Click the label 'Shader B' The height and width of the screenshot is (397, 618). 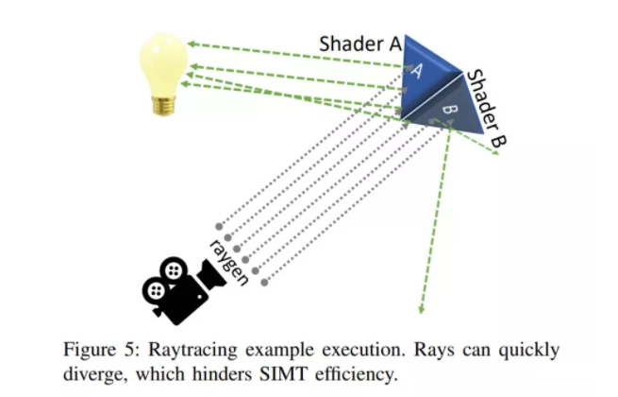click(486, 109)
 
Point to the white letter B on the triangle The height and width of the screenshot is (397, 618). click(449, 112)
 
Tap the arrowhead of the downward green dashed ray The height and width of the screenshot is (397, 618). click(422, 308)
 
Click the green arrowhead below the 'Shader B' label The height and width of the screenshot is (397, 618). click(494, 152)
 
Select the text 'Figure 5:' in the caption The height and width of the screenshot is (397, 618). click(97, 351)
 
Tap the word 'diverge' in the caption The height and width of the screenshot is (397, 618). click(91, 374)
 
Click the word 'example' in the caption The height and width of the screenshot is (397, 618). click(269, 351)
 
